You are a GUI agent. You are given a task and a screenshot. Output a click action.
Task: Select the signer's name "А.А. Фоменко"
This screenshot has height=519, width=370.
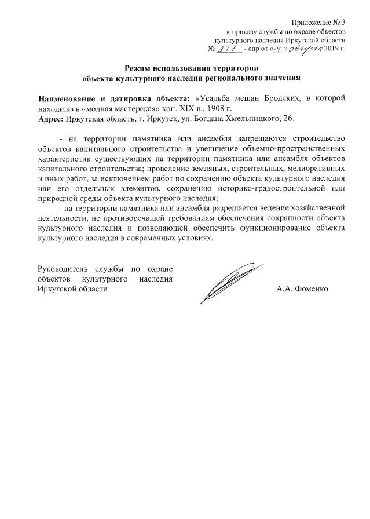[302, 288]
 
